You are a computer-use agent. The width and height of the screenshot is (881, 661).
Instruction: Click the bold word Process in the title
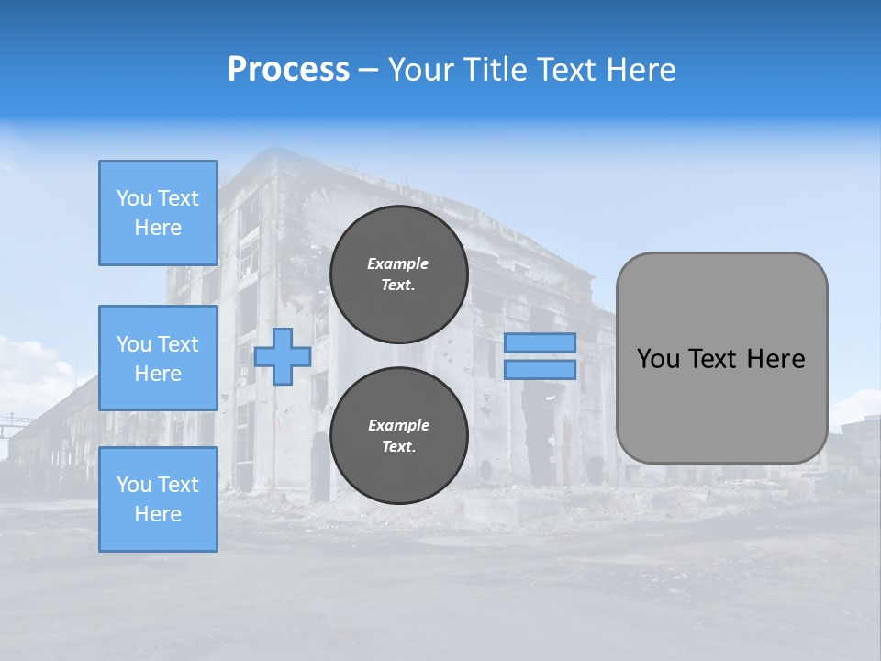click(288, 70)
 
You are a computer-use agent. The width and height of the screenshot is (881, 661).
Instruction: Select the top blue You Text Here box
click(158, 213)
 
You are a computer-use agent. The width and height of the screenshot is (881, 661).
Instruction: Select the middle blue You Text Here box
click(158, 358)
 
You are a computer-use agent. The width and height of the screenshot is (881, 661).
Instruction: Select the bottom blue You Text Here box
click(158, 499)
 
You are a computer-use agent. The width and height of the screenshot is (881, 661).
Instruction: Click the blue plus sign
click(283, 356)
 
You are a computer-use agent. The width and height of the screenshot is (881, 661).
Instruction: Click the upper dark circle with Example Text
click(399, 274)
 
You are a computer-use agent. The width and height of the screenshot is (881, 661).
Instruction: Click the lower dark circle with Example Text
click(399, 436)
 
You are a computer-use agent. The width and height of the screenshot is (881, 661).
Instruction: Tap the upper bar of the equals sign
click(540, 342)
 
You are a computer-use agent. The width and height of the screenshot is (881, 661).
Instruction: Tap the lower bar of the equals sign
click(540, 369)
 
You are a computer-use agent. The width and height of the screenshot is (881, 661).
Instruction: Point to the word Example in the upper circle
click(398, 263)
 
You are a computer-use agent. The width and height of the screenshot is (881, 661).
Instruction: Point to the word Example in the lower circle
click(398, 425)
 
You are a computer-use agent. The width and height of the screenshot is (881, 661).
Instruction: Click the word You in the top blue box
click(134, 198)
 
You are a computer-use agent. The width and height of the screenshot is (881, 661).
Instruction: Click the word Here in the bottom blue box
click(158, 514)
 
